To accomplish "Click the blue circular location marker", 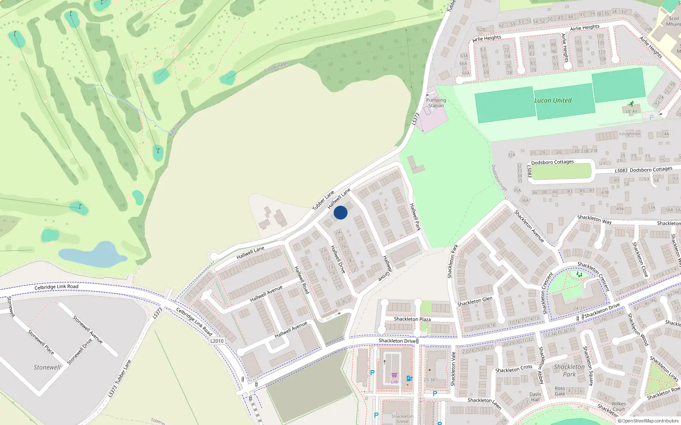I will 340,212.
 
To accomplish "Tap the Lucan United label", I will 553,101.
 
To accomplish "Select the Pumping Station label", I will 436,103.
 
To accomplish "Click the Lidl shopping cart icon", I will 394,375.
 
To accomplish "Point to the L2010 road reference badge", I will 217,341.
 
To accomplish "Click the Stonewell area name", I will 47,367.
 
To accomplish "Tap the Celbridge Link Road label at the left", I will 56,287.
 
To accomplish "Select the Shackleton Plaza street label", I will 412,319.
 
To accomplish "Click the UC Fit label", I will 631,112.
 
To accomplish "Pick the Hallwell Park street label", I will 415,217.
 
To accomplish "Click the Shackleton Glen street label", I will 475,301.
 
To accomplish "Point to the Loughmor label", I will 629,134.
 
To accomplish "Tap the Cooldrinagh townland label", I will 276,67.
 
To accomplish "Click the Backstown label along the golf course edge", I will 175,127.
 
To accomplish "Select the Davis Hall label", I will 535,397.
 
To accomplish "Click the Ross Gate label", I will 560,391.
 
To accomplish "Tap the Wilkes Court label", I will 618,407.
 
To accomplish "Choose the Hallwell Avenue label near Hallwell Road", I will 266,294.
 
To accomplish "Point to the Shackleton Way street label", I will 594,219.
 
